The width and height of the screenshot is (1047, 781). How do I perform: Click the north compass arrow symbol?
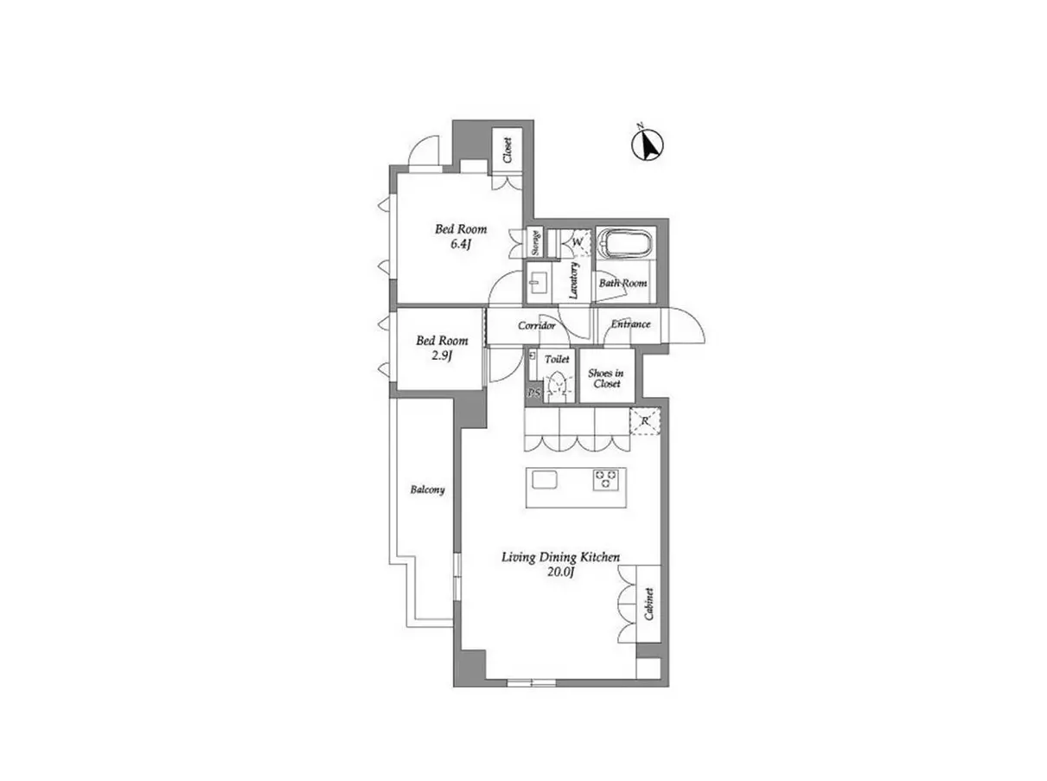648,144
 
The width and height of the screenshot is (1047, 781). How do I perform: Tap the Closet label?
507,150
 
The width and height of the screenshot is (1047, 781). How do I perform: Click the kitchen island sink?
544,479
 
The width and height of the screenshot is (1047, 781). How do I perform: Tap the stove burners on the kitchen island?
606,479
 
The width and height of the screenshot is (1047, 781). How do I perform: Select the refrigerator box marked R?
645,421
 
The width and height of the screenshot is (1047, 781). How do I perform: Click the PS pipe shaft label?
534,394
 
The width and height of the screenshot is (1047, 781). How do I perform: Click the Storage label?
535,242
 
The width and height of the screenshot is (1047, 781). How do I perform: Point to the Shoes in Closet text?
606,378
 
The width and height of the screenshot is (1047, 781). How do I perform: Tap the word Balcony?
427,490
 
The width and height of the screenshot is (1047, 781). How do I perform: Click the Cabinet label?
648,604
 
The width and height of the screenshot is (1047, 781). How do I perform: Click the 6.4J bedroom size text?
459,245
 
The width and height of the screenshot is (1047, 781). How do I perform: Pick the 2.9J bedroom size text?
441,356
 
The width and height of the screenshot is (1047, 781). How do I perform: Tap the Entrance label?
630,324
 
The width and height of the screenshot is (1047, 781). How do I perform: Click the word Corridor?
537,325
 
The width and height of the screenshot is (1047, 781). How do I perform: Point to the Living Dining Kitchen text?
560,557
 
